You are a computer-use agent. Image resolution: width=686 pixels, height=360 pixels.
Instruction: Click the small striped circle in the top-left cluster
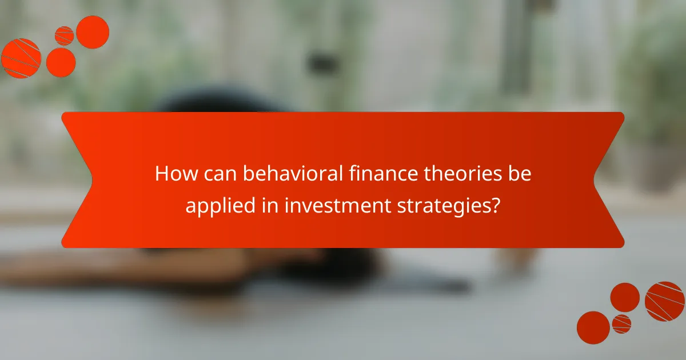coord(65,36)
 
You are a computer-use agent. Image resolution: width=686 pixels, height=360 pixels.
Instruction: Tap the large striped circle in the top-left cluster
coord(21,58)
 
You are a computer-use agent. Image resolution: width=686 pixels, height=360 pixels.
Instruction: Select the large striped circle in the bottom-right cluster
coord(665,301)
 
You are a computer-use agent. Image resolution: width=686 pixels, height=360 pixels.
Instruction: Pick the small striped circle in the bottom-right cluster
coord(621,323)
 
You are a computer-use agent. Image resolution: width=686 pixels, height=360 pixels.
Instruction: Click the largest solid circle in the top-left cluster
coord(93,32)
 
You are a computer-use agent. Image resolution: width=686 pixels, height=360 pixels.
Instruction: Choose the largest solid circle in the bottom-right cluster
coord(593,327)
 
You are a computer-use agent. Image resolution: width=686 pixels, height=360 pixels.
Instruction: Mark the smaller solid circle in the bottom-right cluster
coord(625,297)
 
